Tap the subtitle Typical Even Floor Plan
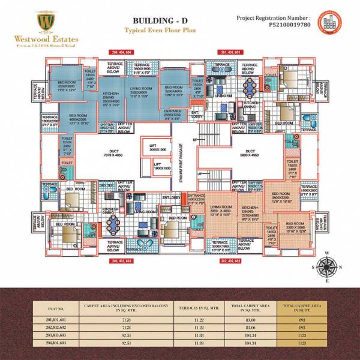click(x=149, y=29)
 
